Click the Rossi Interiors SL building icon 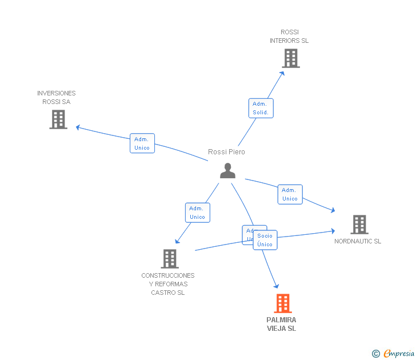[x=290, y=58]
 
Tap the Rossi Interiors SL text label [x=289, y=37]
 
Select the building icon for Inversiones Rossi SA [x=58, y=119]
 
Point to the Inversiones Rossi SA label [x=56, y=97]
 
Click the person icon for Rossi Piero [x=227, y=171]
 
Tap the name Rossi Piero [x=226, y=152]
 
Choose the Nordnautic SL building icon [x=359, y=225]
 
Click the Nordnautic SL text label [x=358, y=241]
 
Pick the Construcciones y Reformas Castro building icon [x=169, y=259]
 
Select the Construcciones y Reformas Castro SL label [x=168, y=284]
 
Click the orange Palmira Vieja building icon [x=282, y=303]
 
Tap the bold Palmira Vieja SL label [x=281, y=324]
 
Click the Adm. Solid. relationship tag [x=261, y=108]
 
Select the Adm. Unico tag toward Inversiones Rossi [x=142, y=143]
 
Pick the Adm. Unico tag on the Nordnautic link [x=290, y=194]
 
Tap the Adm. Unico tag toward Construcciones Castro [x=197, y=213]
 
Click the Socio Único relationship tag [x=265, y=240]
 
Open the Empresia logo [x=398, y=353]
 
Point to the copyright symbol [x=375, y=354]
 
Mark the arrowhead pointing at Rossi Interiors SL [x=282, y=72]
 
